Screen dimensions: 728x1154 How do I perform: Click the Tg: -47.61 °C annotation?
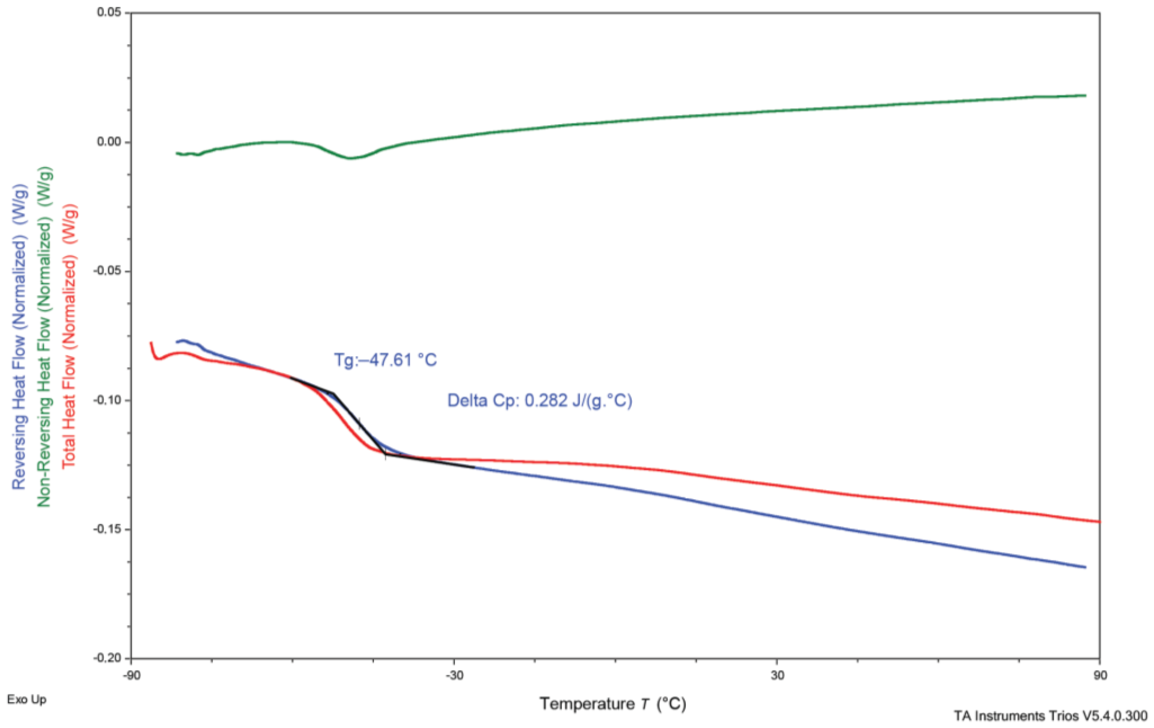coord(385,360)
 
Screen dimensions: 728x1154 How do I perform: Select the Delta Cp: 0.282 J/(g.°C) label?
coord(540,400)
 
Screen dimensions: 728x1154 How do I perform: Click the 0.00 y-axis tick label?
coord(111,142)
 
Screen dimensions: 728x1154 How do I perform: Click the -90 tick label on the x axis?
coord(131,675)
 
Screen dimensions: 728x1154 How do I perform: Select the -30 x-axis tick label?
coord(454,675)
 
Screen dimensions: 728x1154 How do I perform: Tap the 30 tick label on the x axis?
coord(777,675)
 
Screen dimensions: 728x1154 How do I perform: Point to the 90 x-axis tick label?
coord(1100,675)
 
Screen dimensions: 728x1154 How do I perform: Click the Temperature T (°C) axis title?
coord(613,704)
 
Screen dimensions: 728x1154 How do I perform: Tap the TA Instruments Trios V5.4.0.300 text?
coord(1051,716)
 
